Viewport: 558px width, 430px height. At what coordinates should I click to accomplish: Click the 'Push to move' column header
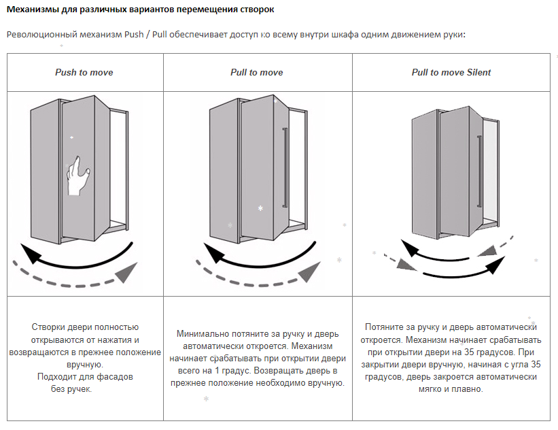click(x=84, y=72)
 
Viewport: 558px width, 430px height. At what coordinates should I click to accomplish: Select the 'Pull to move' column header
click(x=257, y=72)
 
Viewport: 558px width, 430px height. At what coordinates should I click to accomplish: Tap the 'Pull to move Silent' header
click(x=451, y=72)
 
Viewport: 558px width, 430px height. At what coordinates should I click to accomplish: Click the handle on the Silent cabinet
click(x=478, y=169)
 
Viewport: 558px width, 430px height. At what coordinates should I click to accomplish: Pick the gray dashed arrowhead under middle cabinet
click(x=309, y=271)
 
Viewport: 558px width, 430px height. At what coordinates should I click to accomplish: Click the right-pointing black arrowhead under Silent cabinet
click(x=495, y=267)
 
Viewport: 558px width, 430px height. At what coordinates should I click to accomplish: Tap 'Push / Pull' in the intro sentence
click(x=148, y=35)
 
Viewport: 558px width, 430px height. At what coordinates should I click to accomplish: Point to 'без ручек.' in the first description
click(x=71, y=389)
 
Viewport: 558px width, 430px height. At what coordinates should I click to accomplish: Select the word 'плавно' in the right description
click(x=465, y=389)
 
